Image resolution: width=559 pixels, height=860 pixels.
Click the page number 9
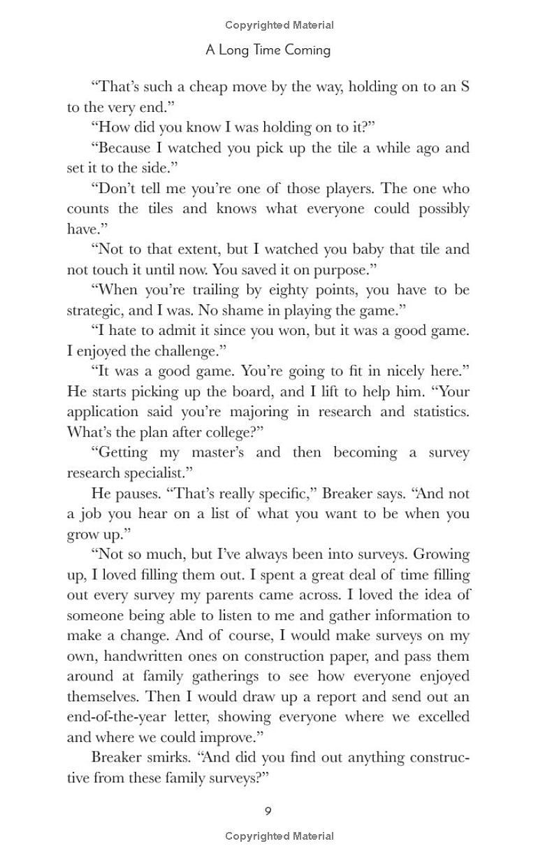coord(268,811)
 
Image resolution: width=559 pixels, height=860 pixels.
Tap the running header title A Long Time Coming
coord(268,50)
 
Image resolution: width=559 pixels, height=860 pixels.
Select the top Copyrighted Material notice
coord(279,25)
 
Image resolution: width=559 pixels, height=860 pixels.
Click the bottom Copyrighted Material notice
coord(279,836)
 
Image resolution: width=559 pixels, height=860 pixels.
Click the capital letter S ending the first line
coord(465,87)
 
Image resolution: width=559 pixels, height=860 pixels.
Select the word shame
coord(229,310)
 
